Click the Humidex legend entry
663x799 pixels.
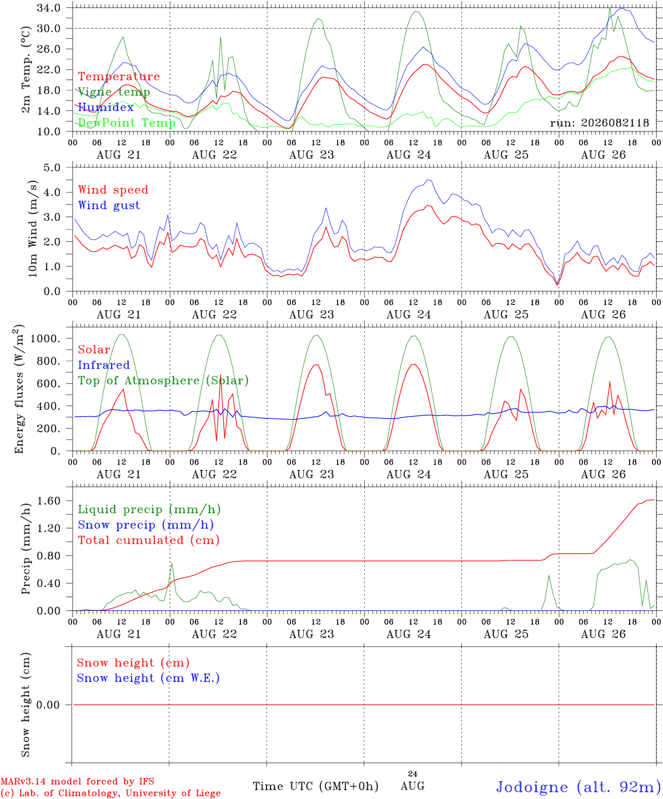pyautogui.click(x=106, y=107)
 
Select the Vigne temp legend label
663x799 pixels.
pyautogui.click(x=114, y=92)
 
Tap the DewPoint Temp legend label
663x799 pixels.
pyautogui.click(x=127, y=123)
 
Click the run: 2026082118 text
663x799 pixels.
pyautogui.click(x=599, y=123)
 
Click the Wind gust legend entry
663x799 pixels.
pyautogui.click(x=109, y=205)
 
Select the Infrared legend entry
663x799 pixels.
pyautogui.click(x=104, y=365)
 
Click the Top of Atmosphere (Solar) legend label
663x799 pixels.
pyautogui.click(x=163, y=381)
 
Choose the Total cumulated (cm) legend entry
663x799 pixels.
pyautogui.click(x=149, y=540)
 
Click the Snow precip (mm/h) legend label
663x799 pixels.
pyautogui.click(x=145, y=525)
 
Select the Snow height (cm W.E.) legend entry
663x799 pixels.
pyautogui.click(x=148, y=679)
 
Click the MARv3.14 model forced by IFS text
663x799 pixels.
pyautogui.click(x=77, y=781)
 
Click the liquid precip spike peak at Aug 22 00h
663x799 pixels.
pyautogui.click(x=172, y=563)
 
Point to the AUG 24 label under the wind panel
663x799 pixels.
pyautogui.click(x=408, y=315)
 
